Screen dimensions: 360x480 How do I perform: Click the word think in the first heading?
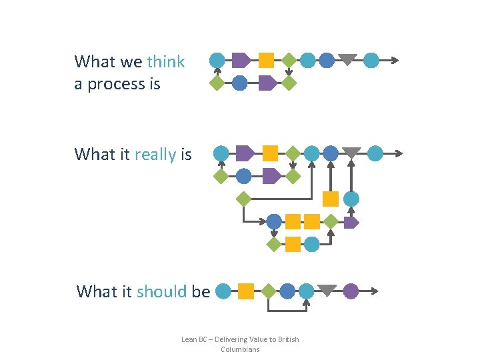tap(166, 62)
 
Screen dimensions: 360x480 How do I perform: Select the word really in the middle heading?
tap(155, 155)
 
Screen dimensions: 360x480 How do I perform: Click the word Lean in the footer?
tap(189, 339)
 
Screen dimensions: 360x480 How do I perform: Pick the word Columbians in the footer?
tap(240, 349)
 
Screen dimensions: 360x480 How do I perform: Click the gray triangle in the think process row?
tap(347, 59)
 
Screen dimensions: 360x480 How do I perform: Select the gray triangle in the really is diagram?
tap(351, 152)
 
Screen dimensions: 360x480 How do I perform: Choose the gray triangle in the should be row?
tap(327, 290)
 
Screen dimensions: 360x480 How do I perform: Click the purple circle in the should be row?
tap(351, 291)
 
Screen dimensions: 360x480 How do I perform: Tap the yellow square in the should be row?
tap(246, 291)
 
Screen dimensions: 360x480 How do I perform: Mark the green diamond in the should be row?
tap(268, 291)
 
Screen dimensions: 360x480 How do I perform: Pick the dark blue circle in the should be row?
tap(287, 291)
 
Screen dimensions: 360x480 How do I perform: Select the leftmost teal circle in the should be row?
tap(224, 291)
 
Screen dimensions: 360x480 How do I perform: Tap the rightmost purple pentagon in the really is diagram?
tap(351, 222)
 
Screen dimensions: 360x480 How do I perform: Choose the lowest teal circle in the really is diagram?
tap(311, 244)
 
